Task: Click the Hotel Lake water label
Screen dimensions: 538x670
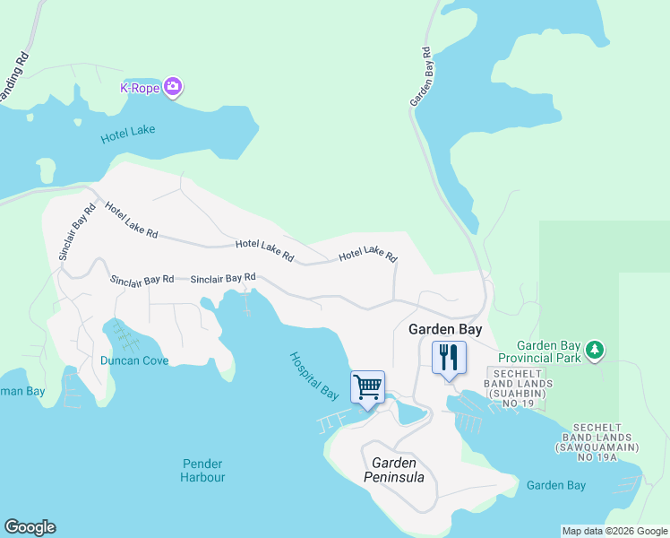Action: click(127, 132)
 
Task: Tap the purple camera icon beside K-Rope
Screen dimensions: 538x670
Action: click(174, 88)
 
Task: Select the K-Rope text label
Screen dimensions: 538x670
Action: click(140, 88)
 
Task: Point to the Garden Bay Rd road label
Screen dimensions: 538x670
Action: click(422, 76)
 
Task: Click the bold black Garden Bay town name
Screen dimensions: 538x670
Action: click(445, 329)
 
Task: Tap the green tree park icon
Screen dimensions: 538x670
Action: click(593, 349)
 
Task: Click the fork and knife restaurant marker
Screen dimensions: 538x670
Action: click(449, 358)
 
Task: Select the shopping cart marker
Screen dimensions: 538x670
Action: click(367, 387)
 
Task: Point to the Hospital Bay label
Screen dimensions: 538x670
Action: click(314, 376)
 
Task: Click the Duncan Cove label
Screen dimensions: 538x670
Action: click(134, 360)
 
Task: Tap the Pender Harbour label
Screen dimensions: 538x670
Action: click(203, 471)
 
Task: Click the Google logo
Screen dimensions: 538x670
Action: click(30, 527)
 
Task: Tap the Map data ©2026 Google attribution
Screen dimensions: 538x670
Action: click(614, 531)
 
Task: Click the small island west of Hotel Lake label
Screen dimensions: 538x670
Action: click(46, 169)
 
